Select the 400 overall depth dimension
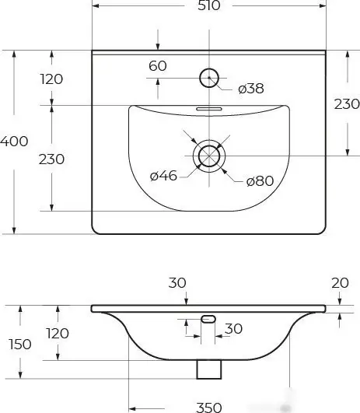15,142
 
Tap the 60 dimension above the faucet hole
158,66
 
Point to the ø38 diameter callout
250,89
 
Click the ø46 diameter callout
163,176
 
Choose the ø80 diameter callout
260,181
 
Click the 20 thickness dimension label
340,284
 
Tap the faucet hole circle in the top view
209,78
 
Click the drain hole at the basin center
208,155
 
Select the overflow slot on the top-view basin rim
208,110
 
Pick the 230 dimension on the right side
347,104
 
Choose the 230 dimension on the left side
51,159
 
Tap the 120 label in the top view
51,79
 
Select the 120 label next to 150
57,334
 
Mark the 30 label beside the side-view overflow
233,329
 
